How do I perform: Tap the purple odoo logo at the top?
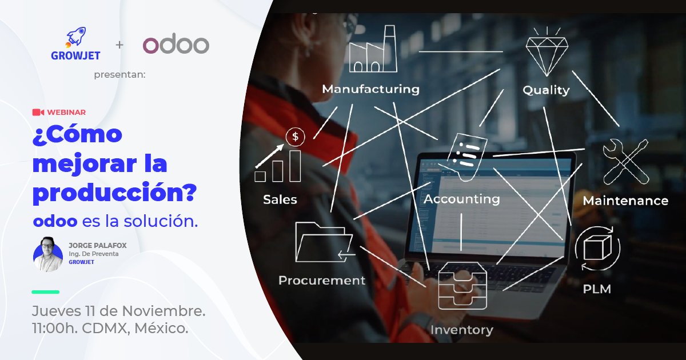point(176,45)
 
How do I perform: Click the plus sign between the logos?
point(119,45)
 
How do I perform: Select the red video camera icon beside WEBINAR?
point(38,112)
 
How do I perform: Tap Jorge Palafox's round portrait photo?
point(48,254)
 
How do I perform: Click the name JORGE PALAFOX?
point(97,245)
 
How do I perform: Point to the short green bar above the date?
point(45,292)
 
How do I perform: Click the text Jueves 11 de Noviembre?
point(118,312)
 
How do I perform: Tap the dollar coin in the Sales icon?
point(296,137)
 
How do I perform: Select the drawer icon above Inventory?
point(462,289)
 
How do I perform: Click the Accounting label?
point(462,199)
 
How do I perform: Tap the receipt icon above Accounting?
point(468,155)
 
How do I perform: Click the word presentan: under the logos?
point(119,74)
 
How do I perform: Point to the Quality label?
point(546,90)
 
